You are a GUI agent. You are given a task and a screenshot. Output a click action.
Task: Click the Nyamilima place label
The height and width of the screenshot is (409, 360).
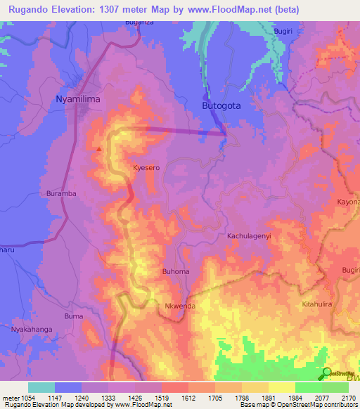77,100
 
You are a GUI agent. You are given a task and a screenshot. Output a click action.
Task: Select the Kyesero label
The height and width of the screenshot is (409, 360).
147,169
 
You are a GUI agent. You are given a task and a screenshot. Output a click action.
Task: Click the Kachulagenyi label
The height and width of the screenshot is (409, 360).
248,237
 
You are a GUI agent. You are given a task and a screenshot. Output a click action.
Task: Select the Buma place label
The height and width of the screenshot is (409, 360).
74,317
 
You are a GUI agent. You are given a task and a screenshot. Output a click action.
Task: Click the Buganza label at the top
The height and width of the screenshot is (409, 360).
139,23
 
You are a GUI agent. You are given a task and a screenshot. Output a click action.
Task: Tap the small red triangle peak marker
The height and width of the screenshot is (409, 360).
99,148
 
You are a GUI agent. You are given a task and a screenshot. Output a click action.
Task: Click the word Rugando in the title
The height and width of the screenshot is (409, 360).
30,9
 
